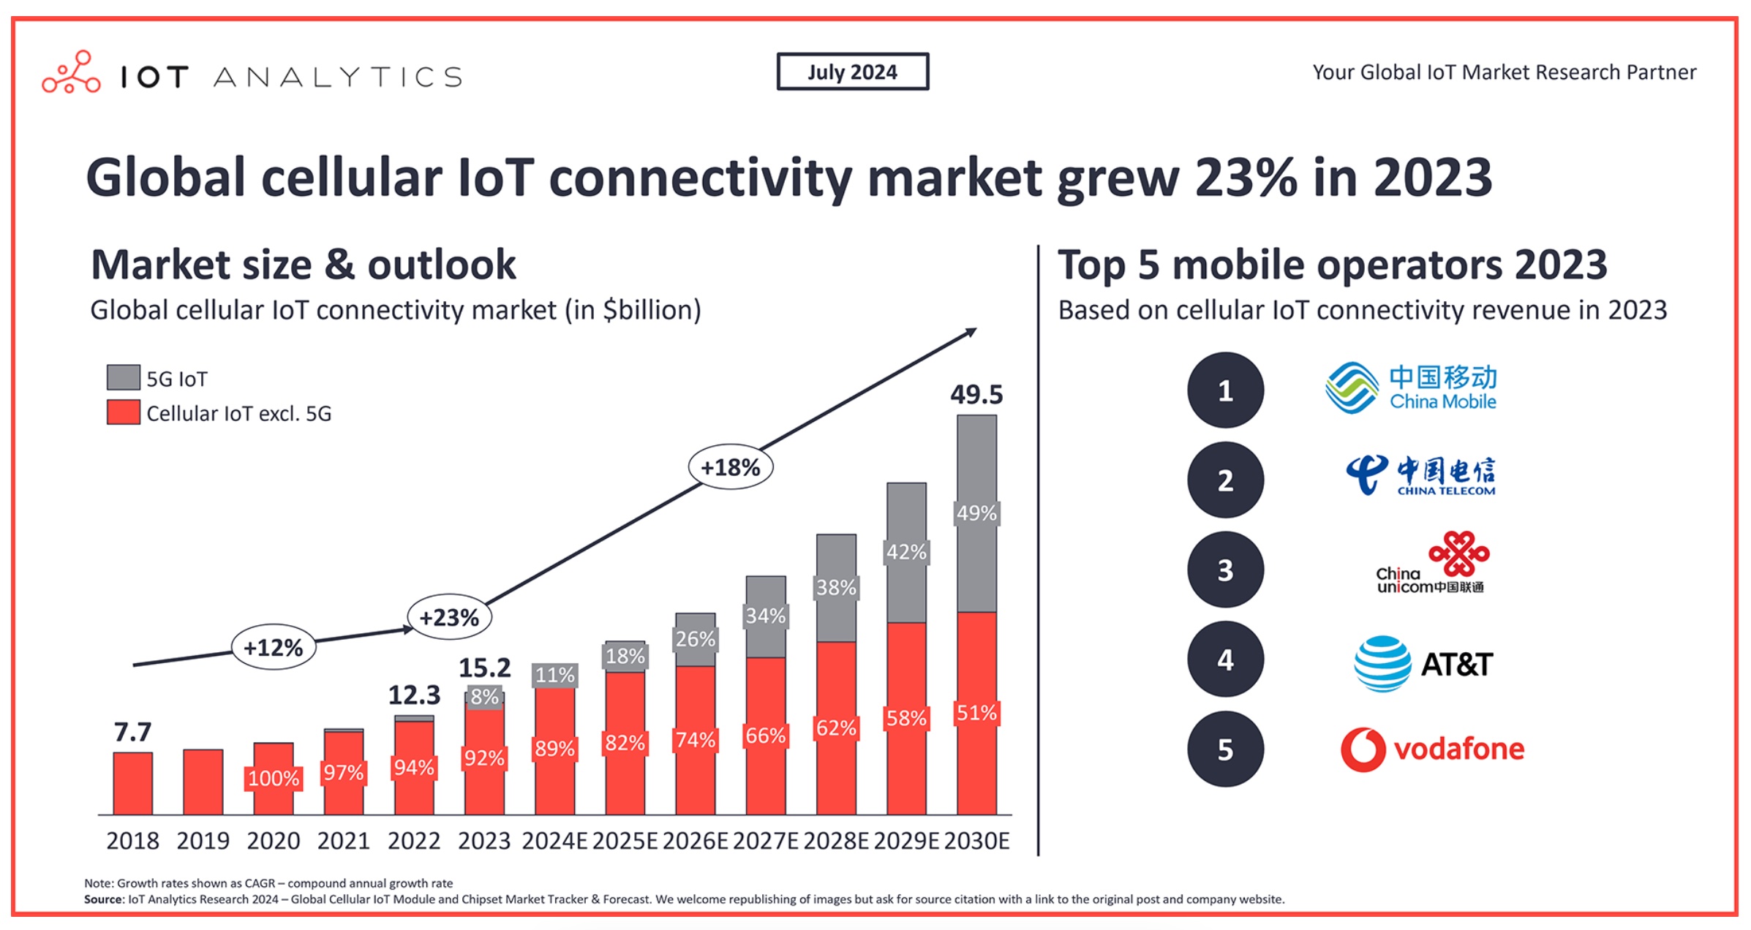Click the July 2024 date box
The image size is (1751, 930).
(x=853, y=72)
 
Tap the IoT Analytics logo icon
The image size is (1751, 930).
(x=71, y=72)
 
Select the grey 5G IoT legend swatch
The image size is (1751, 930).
(x=123, y=377)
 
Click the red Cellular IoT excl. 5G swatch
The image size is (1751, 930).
(x=123, y=412)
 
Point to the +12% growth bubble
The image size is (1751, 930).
(x=274, y=647)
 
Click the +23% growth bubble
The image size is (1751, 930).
(x=449, y=617)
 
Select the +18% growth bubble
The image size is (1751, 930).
(x=731, y=466)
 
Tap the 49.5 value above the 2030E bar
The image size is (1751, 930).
(x=976, y=394)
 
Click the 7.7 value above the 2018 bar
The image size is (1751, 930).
(x=132, y=731)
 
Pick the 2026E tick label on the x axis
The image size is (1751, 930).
(x=695, y=841)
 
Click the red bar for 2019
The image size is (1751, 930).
(x=203, y=782)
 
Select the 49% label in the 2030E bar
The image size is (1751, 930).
(x=976, y=513)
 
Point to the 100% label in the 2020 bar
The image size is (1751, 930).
(x=273, y=778)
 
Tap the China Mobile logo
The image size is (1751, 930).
(x=1411, y=387)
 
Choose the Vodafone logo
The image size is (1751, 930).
(x=1432, y=749)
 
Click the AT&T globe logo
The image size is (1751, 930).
(x=1382, y=663)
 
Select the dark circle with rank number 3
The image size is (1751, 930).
(x=1225, y=570)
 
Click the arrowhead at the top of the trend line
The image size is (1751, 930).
(x=972, y=332)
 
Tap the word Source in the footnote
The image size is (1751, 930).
(x=103, y=899)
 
